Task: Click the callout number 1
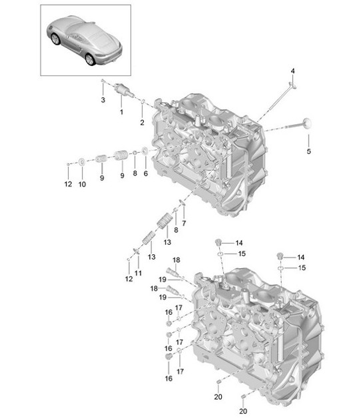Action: pos(121,112)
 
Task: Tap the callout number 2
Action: pos(142,122)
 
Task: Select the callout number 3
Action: pos(103,100)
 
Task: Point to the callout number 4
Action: pos(292,71)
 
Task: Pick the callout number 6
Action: pos(145,173)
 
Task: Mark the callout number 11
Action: pos(138,274)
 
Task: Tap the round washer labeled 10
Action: pos(81,161)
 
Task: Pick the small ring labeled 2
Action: pos(145,101)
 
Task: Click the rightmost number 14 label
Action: pos(300,257)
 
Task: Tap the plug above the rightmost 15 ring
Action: pos(280,256)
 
